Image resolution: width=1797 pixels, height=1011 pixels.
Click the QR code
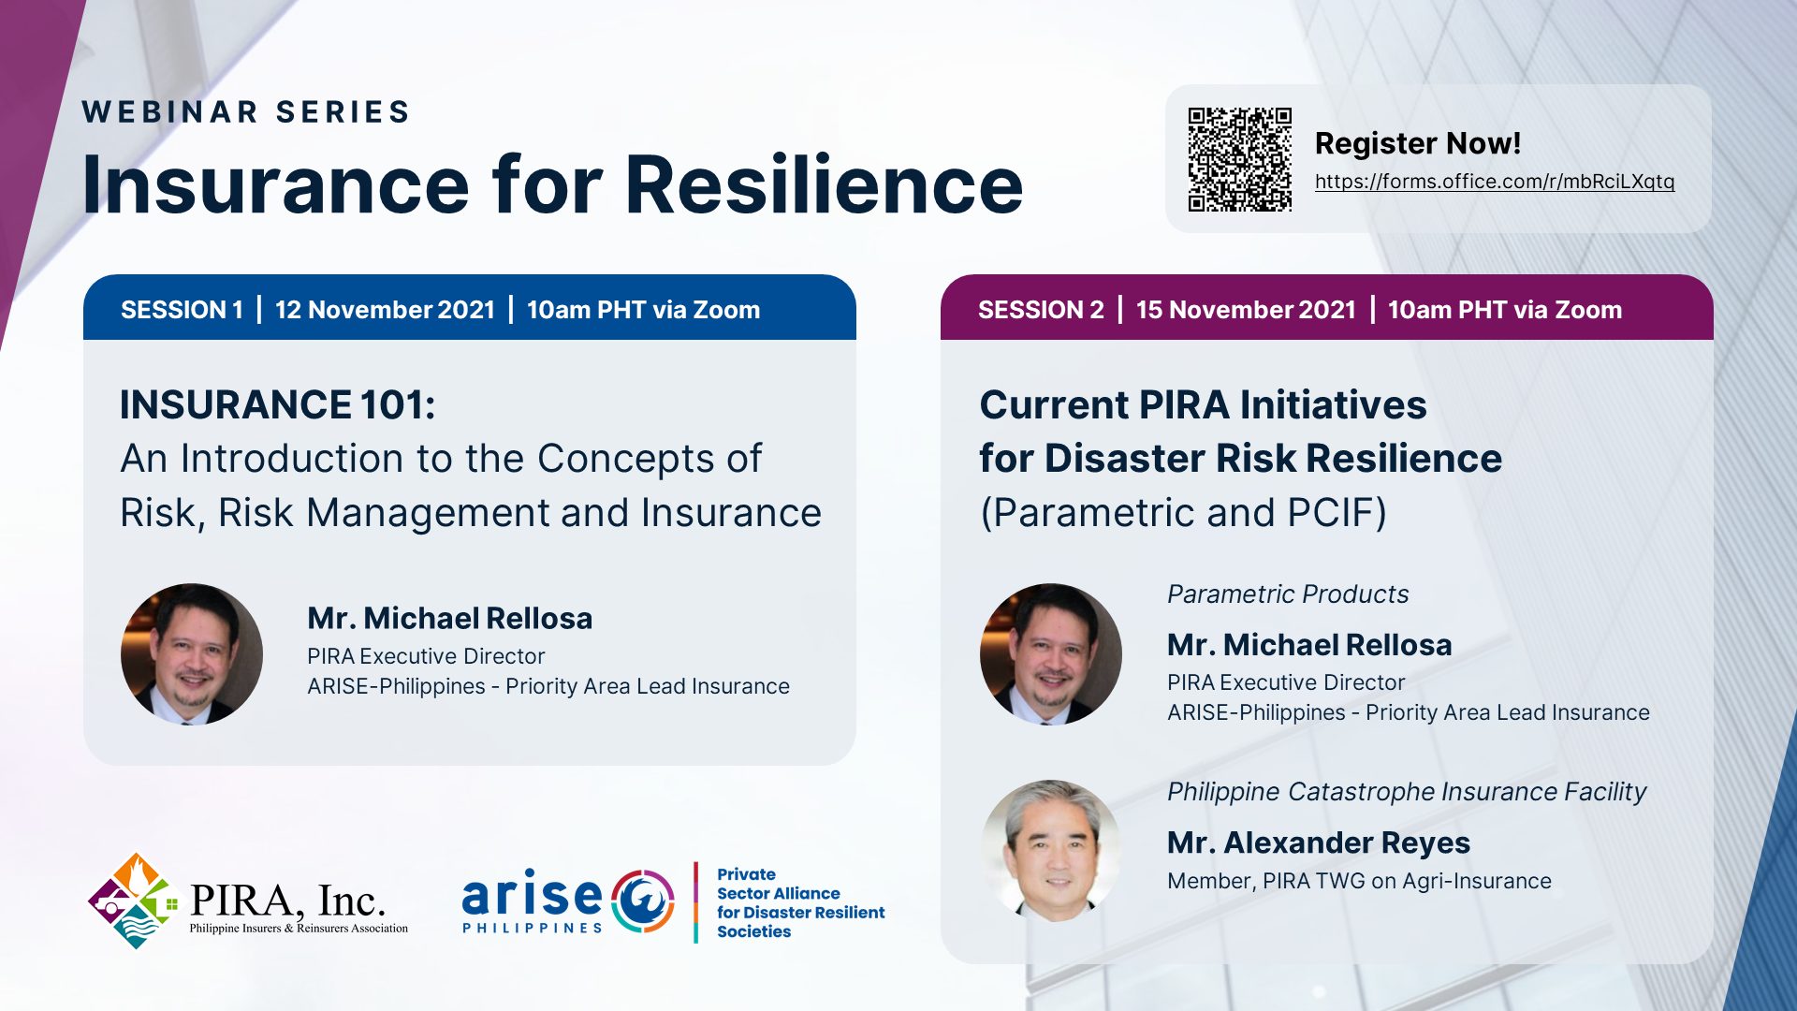pos(1239,159)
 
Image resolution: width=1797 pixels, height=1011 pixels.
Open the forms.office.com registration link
pos(1495,182)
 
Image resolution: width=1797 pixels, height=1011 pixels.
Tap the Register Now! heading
pos(1418,143)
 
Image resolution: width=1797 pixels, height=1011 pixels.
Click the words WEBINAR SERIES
pos(246,111)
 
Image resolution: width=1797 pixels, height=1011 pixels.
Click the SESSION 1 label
pos(182,310)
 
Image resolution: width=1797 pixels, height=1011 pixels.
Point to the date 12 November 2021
pos(385,310)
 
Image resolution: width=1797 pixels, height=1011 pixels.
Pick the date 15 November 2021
pos(1246,310)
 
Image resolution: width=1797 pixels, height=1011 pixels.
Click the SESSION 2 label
pos(1041,310)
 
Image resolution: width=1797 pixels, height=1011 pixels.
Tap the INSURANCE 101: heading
pos(278,405)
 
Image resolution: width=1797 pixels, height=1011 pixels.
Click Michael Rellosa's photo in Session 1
pos(192,654)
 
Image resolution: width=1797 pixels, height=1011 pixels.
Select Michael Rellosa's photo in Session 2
pos(1051,654)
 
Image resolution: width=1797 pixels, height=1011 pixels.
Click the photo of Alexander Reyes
pos(1051,851)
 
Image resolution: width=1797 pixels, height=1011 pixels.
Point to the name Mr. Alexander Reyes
pos(1319,842)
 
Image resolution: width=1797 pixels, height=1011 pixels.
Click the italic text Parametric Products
pos(1288,594)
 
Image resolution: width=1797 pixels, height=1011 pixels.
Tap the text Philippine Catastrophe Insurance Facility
pos(1407,792)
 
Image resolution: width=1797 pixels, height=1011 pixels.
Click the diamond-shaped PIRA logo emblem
pos(135,901)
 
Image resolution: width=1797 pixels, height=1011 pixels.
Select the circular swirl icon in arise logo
pos(643,901)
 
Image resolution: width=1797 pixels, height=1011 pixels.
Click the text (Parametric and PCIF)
pos(1184,513)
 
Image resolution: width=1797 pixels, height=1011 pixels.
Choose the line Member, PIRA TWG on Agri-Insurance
pos(1359,881)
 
